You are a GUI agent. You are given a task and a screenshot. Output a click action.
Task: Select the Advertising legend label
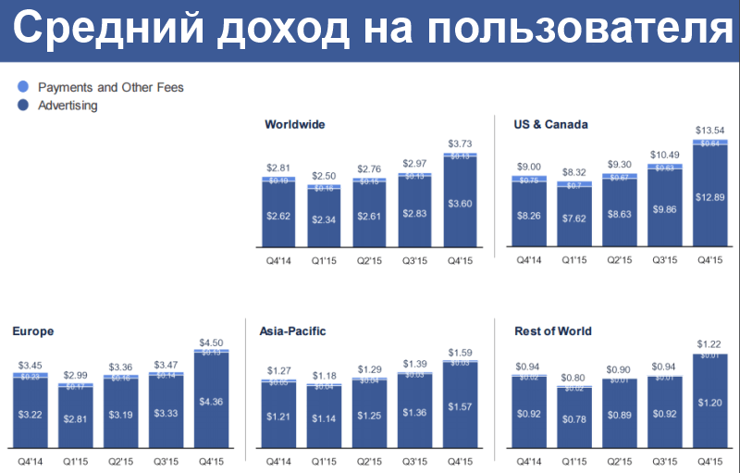pyautogui.click(x=68, y=106)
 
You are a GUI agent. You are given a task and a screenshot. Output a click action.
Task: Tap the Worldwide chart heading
pyautogui.click(x=294, y=124)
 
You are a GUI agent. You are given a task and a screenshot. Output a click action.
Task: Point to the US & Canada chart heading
pyautogui.click(x=550, y=124)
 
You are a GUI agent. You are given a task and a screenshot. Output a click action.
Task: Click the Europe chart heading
pyautogui.click(x=33, y=330)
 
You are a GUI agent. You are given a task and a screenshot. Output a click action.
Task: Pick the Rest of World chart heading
pyautogui.click(x=552, y=330)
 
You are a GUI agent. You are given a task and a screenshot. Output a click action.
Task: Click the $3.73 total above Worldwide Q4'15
pyautogui.click(x=459, y=143)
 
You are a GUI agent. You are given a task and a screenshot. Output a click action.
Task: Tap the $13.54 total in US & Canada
pyautogui.click(x=710, y=129)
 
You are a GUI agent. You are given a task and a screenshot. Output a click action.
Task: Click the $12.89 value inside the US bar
pyautogui.click(x=710, y=195)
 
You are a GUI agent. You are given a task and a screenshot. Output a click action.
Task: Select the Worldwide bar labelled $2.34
pyautogui.click(x=323, y=218)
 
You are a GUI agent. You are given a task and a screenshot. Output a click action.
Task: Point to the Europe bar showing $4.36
pyautogui.click(x=211, y=402)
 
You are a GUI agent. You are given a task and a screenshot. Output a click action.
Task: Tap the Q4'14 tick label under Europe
pyautogui.click(x=30, y=461)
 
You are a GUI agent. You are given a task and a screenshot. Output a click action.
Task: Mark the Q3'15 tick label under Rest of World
pyautogui.click(x=665, y=461)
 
